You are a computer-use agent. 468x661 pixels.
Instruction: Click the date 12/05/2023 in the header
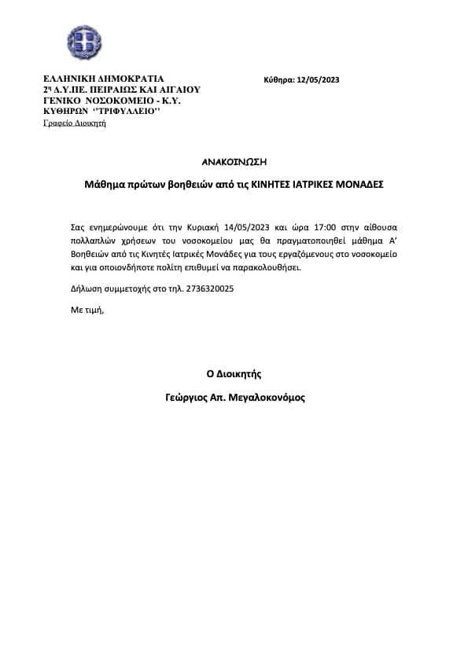[319, 79]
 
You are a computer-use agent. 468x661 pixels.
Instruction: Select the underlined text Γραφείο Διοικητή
[75, 123]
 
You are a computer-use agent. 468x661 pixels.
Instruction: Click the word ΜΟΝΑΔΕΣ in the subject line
[356, 185]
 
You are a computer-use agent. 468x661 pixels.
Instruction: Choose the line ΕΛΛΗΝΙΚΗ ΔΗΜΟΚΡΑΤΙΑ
[104, 79]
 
